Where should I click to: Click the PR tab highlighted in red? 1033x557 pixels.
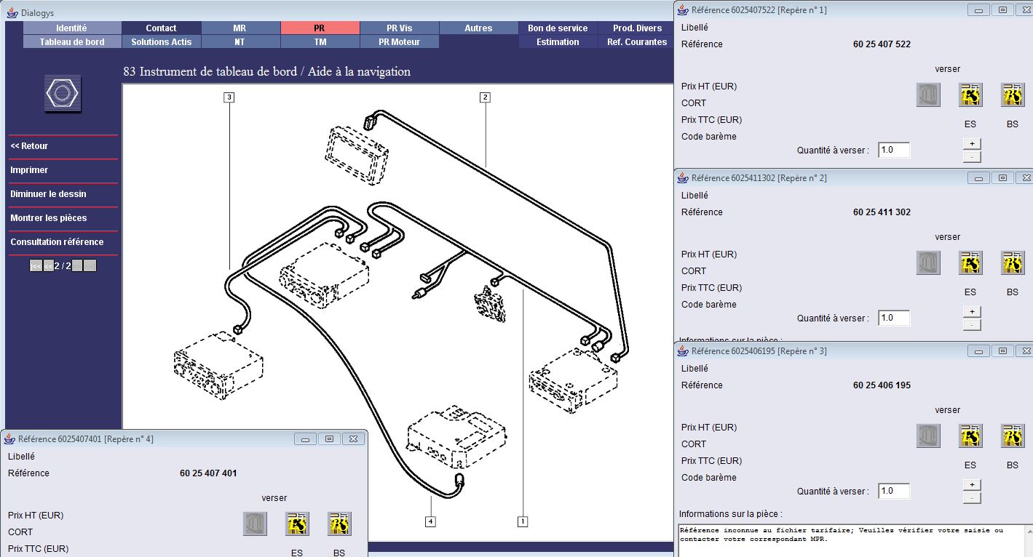point(320,28)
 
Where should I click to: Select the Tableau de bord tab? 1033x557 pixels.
point(72,42)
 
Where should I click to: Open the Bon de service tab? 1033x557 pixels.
point(558,28)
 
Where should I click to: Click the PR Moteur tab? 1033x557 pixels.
point(400,42)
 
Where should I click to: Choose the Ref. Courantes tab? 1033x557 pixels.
point(637,42)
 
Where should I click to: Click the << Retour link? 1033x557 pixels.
point(29,146)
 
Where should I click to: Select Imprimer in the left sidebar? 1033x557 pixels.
point(29,170)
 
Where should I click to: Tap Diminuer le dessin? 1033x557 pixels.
point(49,194)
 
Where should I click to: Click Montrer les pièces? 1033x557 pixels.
point(49,218)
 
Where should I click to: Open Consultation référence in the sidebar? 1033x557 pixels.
point(57,242)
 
